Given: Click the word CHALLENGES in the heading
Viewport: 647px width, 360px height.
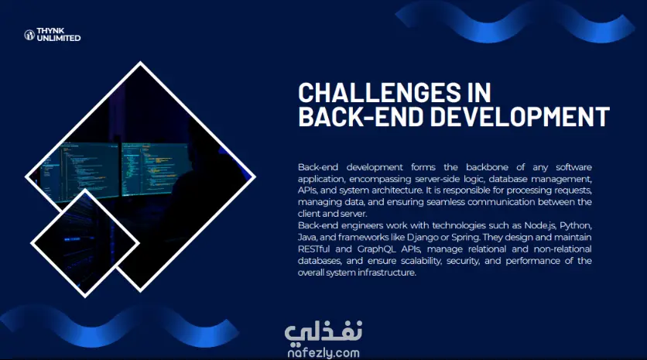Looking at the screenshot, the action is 379,92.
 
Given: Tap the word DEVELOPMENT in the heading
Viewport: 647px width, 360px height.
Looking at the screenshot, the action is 520,116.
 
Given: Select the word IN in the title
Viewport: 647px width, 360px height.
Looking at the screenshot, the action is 479,92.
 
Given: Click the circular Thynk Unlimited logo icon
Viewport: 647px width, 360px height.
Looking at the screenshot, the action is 29,35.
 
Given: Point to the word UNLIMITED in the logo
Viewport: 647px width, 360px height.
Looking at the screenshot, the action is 59,38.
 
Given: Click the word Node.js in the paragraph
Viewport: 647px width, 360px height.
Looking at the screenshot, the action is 539,226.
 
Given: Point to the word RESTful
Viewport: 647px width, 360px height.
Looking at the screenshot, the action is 313,249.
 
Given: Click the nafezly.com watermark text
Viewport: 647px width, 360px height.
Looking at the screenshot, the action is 323,353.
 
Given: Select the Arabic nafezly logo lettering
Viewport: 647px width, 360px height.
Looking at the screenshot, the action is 323,333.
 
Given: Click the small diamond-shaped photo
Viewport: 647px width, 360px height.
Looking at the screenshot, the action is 85,243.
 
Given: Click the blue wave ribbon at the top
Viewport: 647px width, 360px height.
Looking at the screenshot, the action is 514,22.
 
